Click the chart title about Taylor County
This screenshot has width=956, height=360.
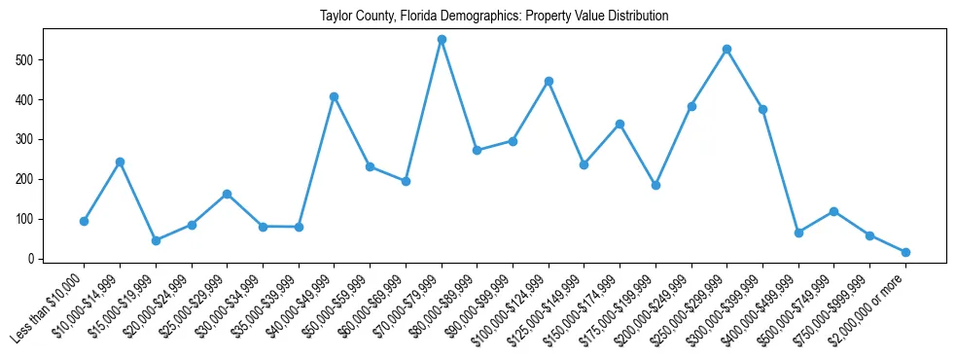click(x=494, y=17)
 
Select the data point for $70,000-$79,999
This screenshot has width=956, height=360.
click(x=442, y=40)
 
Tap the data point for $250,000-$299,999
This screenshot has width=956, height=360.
click(x=726, y=49)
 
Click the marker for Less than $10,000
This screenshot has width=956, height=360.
click(x=85, y=221)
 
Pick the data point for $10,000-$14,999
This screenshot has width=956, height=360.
click(x=120, y=162)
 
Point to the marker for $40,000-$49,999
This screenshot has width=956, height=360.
click(x=335, y=96)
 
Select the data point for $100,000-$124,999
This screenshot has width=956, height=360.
click(x=549, y=81)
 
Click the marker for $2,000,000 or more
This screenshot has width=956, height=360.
click(x=905, y=252)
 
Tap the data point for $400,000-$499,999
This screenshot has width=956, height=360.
click(x=798, y=233)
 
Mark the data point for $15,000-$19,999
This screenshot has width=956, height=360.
click(x=156, y=240)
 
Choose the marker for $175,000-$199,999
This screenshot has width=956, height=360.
click(x=655, y=185)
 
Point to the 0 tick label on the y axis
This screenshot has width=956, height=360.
click(x=33, y=259)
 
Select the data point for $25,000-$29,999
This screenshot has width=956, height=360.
click(x=227, y=194)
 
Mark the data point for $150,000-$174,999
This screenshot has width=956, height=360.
click(x=620, y=124)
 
